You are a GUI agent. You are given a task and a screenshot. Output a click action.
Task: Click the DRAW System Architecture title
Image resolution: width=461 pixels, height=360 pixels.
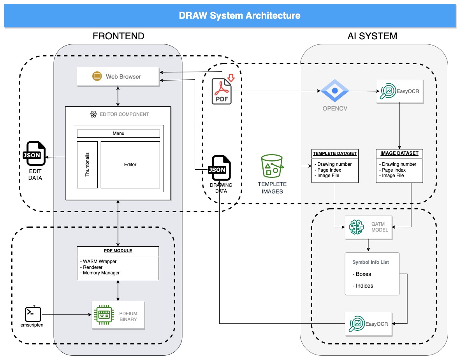click(x=239, y=16)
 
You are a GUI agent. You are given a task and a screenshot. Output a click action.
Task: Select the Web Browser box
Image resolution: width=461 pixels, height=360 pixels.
click(x=118, y=77)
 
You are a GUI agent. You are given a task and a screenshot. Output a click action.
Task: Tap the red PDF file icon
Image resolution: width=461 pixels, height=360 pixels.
click(x=222, y=91)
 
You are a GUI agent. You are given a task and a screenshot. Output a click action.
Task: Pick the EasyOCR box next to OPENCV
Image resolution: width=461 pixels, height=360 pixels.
click(x=399, y=91)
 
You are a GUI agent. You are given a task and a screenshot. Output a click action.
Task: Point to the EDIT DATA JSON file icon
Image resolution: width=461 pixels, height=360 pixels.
click(x=35, y=154)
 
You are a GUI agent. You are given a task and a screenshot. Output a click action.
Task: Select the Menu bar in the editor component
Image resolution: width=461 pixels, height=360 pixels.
click(x=118, y=133)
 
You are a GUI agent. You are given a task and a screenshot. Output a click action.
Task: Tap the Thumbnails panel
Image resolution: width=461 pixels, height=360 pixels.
click(x=87, y=165)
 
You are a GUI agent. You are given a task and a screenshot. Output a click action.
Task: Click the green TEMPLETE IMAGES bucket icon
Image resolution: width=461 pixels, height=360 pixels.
click(x=272, y=167)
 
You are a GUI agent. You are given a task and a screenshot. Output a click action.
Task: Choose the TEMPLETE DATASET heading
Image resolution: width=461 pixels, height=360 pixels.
click(x=335, y=153)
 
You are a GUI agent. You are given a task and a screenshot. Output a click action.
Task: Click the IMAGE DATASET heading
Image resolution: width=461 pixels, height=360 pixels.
click(x=399, y=153)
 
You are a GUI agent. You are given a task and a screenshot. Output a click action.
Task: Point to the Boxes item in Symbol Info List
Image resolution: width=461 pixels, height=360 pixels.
click(x=363, y=274)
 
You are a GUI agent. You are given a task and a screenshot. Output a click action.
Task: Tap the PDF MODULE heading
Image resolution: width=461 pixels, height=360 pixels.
click(x=118, y=251)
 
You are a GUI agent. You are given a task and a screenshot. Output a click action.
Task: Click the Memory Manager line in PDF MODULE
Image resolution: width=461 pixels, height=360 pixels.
click(x=101, y=273)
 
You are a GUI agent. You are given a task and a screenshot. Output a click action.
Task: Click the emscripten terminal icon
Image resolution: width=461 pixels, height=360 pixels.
click(x=33, y=313)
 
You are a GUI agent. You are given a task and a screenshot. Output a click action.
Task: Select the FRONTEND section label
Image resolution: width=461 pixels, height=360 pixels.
click(x=118, y=36)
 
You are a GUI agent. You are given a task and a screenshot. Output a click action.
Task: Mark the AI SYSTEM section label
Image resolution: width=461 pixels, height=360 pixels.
click(x=372, y=36)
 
